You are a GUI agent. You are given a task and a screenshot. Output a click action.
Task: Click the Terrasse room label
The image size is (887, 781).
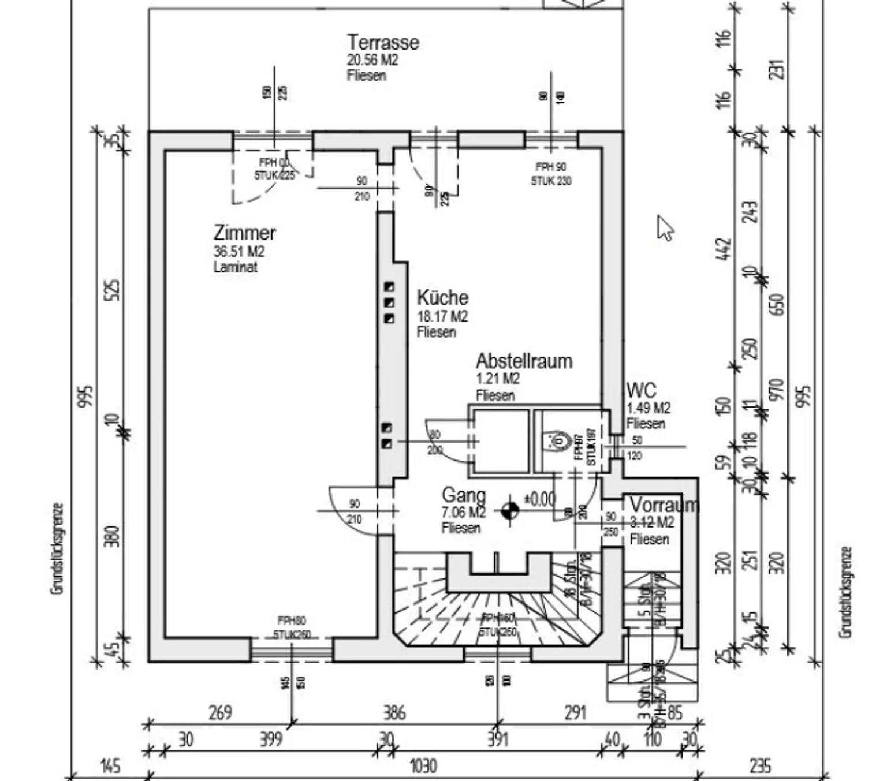(x=383, y=42)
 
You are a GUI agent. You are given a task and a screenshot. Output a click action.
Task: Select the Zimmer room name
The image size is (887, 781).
(x=244, y=233)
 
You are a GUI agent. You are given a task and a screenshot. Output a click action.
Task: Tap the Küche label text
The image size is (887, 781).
(x=442, y=298)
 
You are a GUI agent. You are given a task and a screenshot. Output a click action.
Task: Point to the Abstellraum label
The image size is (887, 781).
(x=524, y=361)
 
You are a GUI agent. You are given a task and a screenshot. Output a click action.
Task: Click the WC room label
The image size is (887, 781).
(x=641, y=391)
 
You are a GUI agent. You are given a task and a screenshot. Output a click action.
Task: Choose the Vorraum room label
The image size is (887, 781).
(x=664, y=505)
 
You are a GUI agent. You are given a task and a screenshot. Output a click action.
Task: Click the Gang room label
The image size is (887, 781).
(x=463, y=495)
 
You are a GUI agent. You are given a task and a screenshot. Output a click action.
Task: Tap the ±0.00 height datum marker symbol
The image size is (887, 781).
(x=509, y=510)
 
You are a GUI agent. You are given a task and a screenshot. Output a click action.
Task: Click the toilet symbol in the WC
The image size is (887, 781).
(x=558, y=442)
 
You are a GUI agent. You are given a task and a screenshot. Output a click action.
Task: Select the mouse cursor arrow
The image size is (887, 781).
(x=664, y=227)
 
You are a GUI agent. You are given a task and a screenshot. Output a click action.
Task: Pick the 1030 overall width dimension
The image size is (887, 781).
(x=423, y=767)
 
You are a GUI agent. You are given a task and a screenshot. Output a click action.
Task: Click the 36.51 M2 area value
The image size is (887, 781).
(x=238, y=252)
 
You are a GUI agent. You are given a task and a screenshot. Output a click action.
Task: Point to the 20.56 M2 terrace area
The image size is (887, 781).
(x=372, y=60)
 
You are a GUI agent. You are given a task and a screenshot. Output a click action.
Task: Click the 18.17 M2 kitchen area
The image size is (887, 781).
(x=442, y=316)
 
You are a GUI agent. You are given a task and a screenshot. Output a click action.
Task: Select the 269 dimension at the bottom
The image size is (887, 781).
(x=220, y=712)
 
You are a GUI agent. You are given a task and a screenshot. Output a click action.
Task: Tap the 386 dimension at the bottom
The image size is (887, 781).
(x=394, y=712)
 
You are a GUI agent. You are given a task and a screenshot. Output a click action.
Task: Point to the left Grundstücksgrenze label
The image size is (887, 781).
(x=57, y=548)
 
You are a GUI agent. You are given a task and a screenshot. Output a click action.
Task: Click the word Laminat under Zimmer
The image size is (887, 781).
(x=235, y=267)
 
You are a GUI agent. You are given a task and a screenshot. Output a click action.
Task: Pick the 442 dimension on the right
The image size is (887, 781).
(x=724, y=249)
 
